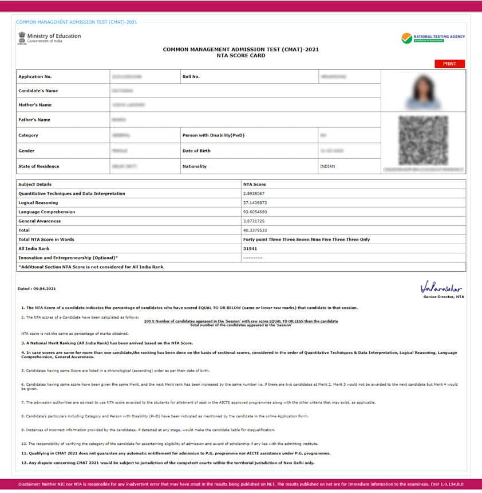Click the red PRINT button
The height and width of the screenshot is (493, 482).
point(449,64)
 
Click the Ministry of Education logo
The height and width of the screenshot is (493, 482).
point(49,38)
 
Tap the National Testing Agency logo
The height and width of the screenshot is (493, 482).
point(433,38)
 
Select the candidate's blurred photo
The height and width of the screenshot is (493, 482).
point(423,92)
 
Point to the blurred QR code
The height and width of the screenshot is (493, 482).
point(423,140)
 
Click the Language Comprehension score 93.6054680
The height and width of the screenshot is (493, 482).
point(255,212)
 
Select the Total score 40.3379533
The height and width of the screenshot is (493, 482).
point(255,230)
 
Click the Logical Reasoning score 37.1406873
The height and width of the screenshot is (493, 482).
point(255,203)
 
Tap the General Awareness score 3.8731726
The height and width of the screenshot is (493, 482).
point(254,221)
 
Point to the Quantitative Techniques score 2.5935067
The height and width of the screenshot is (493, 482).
point(254,194)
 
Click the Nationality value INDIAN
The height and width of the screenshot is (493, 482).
point(327,166)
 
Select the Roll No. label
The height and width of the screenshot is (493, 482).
point(191,76)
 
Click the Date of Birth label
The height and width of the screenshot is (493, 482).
point(196,151)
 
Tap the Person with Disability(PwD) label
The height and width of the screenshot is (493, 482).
point(213,135)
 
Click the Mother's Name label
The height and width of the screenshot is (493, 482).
point(35,105)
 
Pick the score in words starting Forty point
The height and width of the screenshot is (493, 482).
point(306,240)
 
